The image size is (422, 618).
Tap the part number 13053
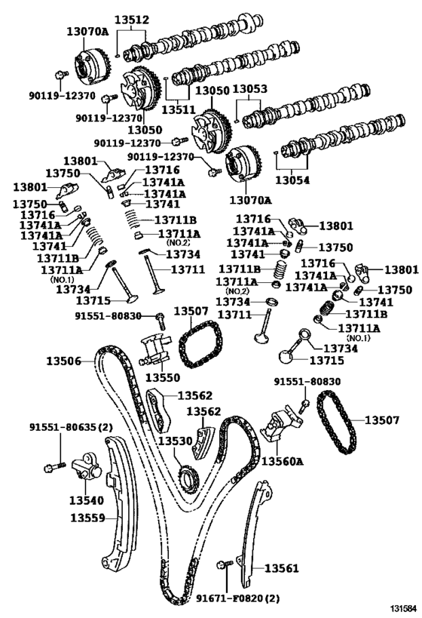249,89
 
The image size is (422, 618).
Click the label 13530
176,439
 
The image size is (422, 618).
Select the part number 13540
87,500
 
